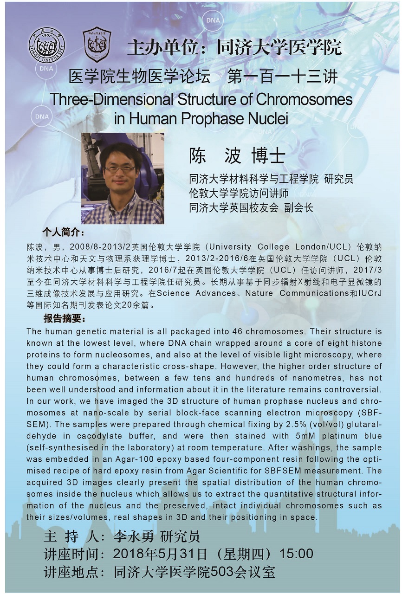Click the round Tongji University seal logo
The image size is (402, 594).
tap(47, 45)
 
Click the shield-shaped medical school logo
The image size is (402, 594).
tap(97, 45)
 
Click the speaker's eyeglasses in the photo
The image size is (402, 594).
tap(120, 169)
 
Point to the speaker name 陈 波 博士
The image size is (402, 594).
tap(237, 156)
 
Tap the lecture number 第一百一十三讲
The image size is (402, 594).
tap(282, 76)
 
